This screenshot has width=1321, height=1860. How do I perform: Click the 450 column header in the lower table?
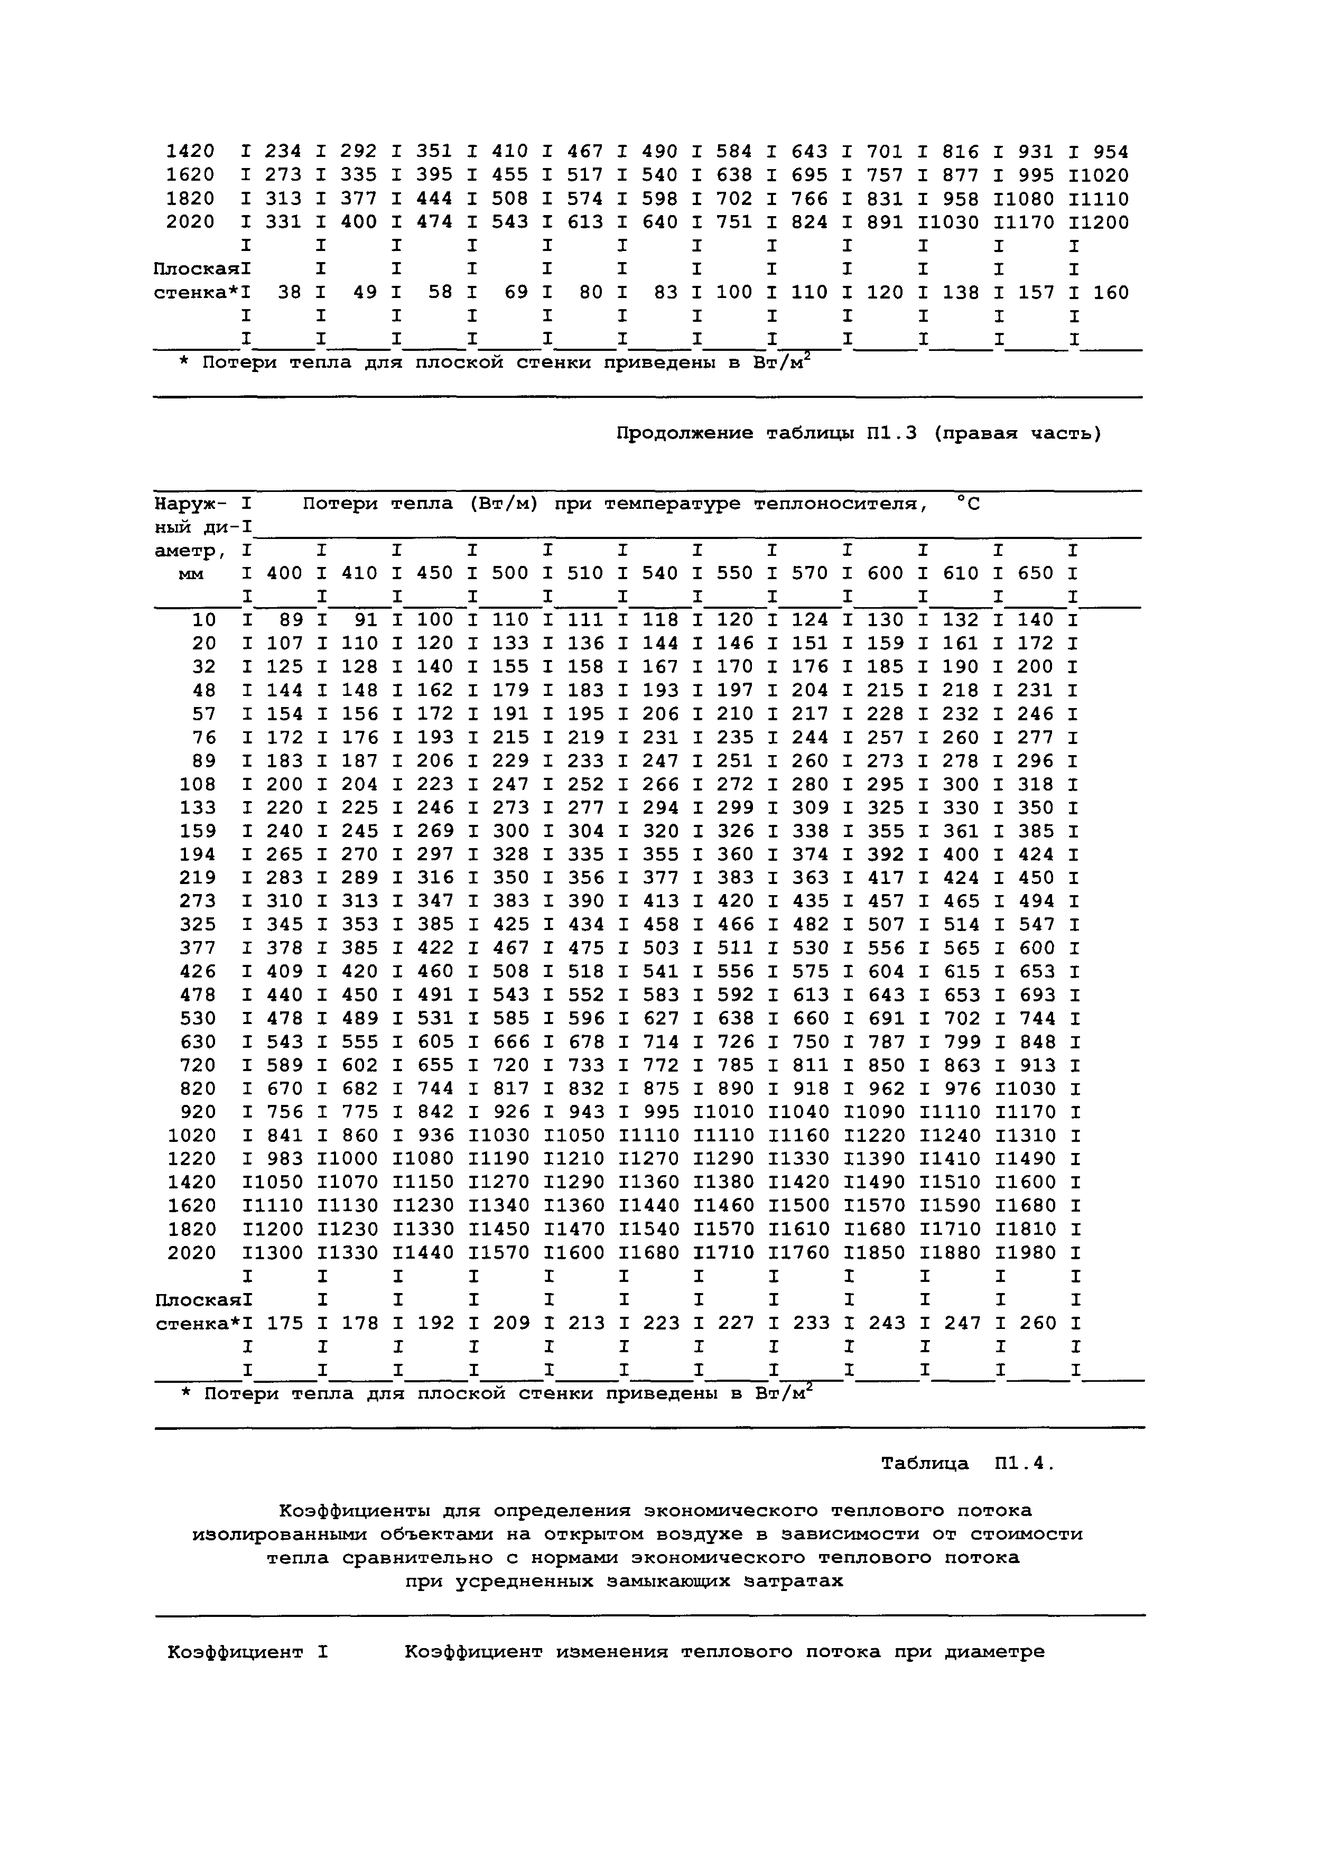coord(434,573)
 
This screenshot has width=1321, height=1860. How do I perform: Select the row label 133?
coord(199,807)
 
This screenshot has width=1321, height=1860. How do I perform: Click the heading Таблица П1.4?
coord(967,1464)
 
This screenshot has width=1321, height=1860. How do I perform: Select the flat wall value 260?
coord(1037,1323)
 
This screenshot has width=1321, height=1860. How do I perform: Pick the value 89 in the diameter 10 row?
coord(291,620)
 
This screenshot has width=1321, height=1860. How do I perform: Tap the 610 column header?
coord(962,573)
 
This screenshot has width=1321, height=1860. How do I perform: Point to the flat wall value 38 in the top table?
coord(290,292)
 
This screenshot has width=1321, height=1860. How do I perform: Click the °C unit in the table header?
coord(969,504)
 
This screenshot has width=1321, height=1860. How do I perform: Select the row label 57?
coord(204,714)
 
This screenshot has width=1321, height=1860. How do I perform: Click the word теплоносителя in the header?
coord(840,504)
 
